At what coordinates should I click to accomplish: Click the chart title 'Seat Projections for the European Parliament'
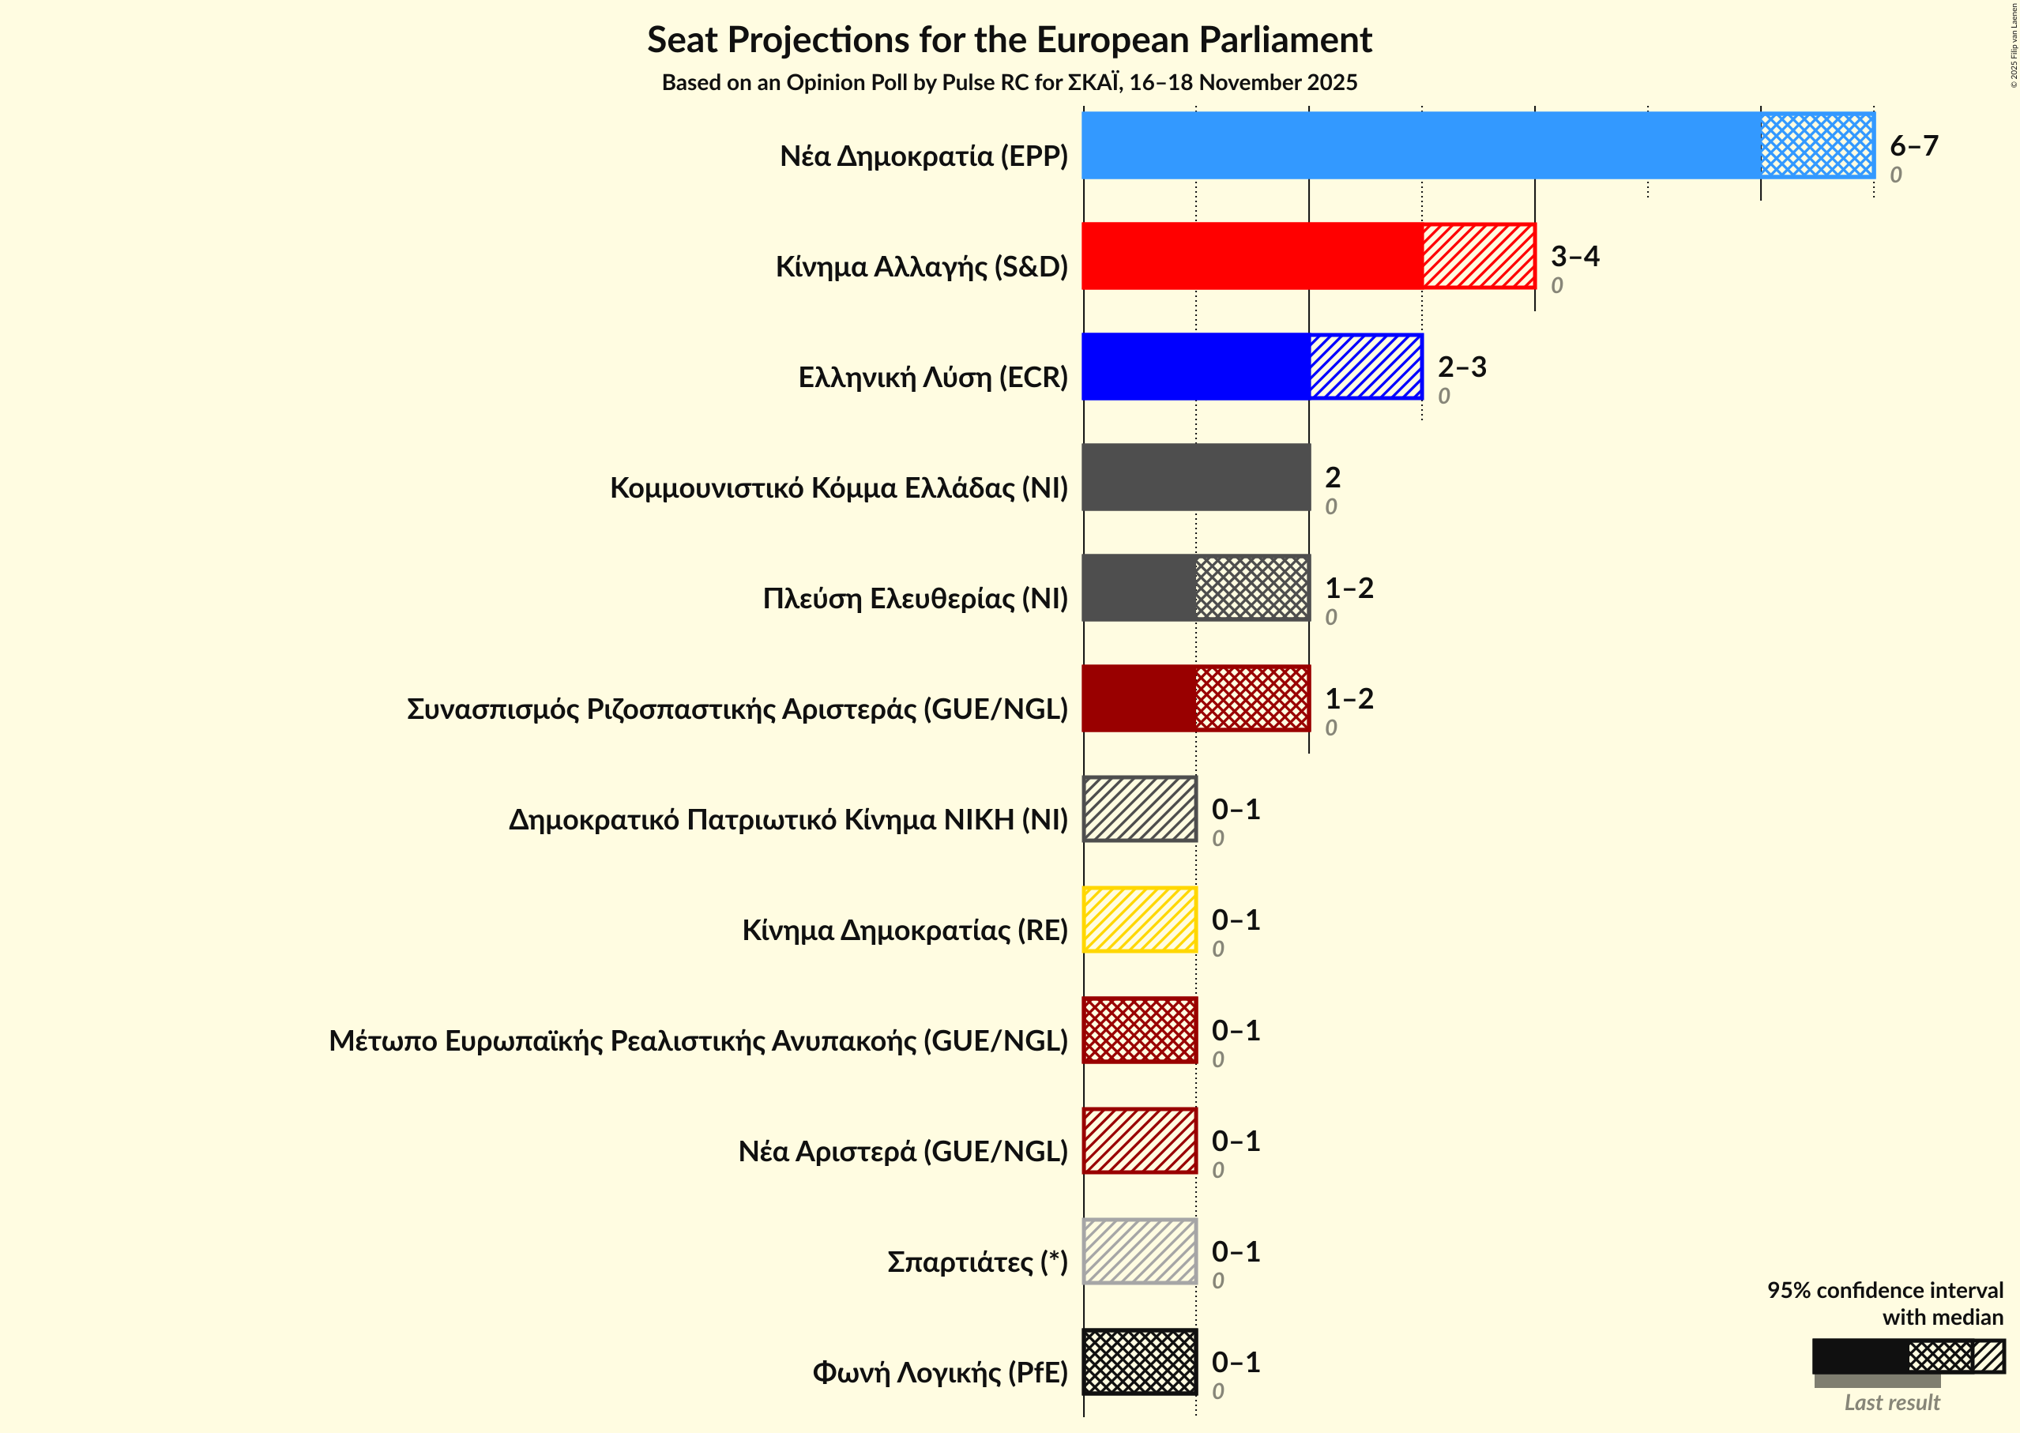click(x=1009, y=40)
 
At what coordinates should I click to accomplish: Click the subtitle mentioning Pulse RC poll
click(x=1009, y=83)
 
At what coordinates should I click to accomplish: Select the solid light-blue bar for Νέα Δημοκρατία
click(x=1421, y=145)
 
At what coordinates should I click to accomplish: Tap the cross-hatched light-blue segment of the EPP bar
click(x=1816, y=145)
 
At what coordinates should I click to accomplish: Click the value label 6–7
click(x=1913, y=145)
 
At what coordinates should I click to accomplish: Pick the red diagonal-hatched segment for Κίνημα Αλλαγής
click(x=1478, y=256)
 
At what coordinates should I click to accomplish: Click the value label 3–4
click(x=1574, y=257)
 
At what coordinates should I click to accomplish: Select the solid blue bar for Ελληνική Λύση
click(x=1196, y=367)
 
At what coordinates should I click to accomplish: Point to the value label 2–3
click(x=1461, y=367)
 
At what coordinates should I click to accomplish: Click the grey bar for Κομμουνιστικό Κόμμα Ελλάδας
click(x=1196, y=477)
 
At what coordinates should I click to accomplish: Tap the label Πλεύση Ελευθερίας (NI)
click(x=914, y=598)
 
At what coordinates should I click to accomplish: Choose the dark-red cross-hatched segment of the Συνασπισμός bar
click(x=1252, y=698)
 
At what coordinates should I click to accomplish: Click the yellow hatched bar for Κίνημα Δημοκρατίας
click(x=1139, y=920)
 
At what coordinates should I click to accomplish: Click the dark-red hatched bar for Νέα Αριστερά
click(x=1139, y=1141)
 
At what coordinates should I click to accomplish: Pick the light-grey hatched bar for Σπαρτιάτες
click(x=1139, y=1251)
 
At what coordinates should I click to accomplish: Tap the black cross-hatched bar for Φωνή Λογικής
click(x=1139, y=1362)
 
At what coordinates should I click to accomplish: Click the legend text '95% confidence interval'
click(x=1884, y=1290)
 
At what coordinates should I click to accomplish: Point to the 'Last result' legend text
click(x=1891, y=1402)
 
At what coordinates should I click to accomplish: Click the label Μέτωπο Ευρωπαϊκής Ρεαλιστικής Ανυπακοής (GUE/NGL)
click(x=698, y=1041)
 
